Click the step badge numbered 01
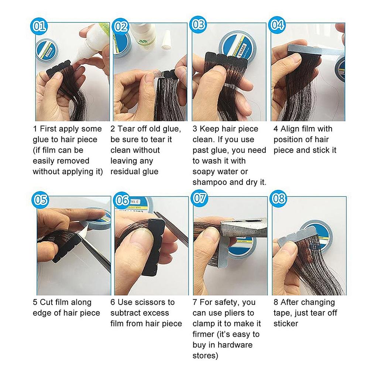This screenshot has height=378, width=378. coord(39,26)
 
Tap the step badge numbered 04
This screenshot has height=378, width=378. coord(278,25)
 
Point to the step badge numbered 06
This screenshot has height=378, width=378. coord(122,200)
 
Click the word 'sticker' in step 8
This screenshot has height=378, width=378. coord(286,324)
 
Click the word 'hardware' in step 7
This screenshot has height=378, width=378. coord(235,345)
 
